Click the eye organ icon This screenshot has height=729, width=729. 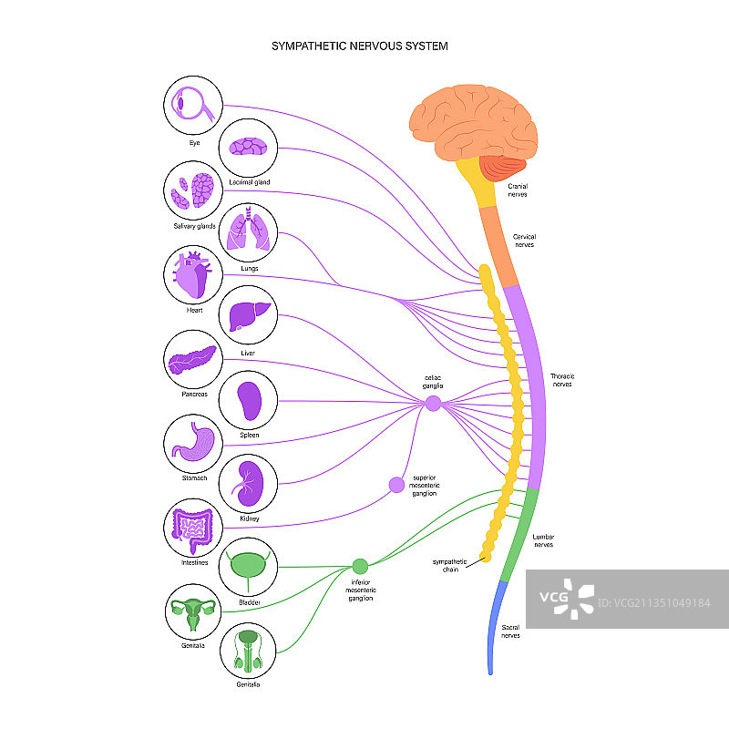click(192, 106)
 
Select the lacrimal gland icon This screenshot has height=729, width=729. click(248, 147)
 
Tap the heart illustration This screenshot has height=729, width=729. click(192, 274)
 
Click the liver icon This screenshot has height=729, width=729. click(249, 316)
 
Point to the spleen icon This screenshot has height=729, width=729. click(249, 399)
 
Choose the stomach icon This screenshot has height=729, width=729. click(192, 443)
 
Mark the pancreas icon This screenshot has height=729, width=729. click(192, 360)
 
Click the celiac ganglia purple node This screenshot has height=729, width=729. click(433, 403)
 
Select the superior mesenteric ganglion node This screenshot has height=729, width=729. click(396, 485)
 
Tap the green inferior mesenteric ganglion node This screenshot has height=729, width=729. click(360, 566)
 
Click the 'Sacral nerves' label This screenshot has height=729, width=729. click(510, 631)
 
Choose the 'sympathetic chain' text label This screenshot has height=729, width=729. click(449, 565)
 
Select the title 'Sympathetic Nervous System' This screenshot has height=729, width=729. click(360, 45)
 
